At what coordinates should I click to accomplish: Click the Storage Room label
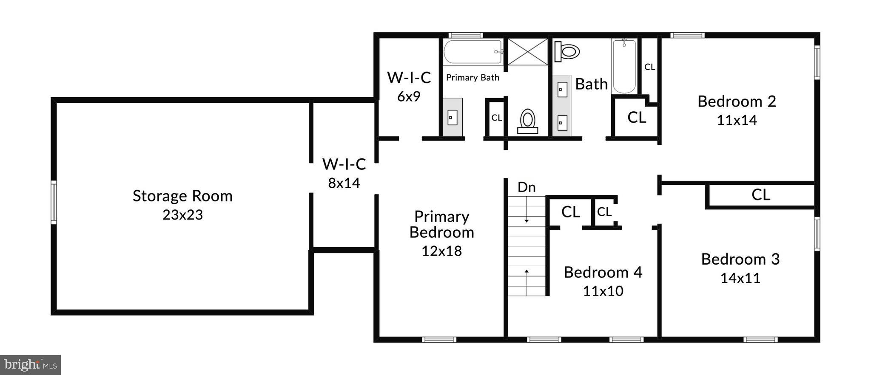coord(182,196)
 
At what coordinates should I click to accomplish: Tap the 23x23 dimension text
coord(182,215)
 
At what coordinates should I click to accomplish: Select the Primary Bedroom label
coord(441,224)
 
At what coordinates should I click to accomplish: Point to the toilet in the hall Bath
coord(567,52)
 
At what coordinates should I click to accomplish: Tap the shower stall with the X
coord(528,52)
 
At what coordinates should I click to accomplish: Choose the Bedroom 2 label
coord(737,102)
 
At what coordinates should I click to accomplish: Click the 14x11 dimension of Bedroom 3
coord(740,278)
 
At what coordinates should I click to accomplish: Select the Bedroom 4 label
coord(603,272)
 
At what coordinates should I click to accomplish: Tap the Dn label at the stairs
coord(527,187)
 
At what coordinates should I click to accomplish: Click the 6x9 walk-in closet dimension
coord(409,97)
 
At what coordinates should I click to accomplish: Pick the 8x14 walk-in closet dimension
coord(344,183)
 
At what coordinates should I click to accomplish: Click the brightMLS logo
coord(30,365)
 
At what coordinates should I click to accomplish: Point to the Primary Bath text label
coord(473,78)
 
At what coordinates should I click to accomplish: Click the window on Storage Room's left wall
coord(54,202)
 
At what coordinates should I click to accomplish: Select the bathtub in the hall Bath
coord(624,66)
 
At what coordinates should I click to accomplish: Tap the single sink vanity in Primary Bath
coord(453,117)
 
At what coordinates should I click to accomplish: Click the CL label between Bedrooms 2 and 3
coord(760,195)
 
